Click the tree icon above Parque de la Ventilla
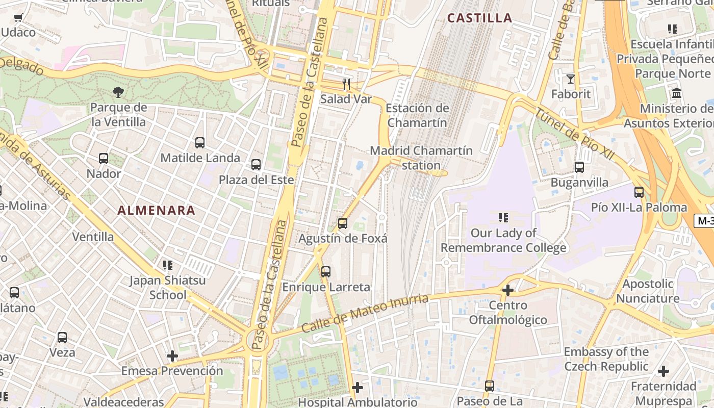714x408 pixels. pyautogui.click(x=118, y=92)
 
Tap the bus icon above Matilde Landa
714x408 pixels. pyautogui.click(x=200, y=143)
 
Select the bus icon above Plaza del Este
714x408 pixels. pyautogui.click(x=256, y=165)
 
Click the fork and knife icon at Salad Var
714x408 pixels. pyautogui.click(x=347, y=84)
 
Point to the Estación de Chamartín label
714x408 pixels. pyautogui.click(x=417, y=115)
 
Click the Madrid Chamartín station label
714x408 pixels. pyautogui.click(x=421, y=158)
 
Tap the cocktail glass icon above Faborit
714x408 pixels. pyautogui.click(x=570, y=79)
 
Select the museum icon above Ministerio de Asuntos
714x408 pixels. pyautogui.click(x=677, y=93)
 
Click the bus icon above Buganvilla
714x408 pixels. pyautogui.click(x=579, y=167)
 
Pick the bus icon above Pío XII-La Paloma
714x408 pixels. pyautogui.click(x=639, y=192)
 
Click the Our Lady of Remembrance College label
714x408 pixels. pyautogui.click(x=503, y=241)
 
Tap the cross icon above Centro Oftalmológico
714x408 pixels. pyautogui.click(x=507, y=290)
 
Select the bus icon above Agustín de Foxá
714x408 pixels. pyautogui.click(x=343, y=223)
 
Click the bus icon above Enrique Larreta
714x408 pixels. pyautogui.click(x=326, y=272)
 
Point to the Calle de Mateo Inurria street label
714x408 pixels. pyautogui.click(x=364, y=313)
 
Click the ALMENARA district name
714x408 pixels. pyautogui.click(x=157, y=210)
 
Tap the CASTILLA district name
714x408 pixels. pyautogui.click(x=479, y=18)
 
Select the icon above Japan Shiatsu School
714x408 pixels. pyautogui.click(x=167, y=265)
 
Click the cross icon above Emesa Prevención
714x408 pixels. pyautogui.click(x=172, y=356)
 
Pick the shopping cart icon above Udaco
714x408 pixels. pyautogui.click(x=18, y=18)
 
